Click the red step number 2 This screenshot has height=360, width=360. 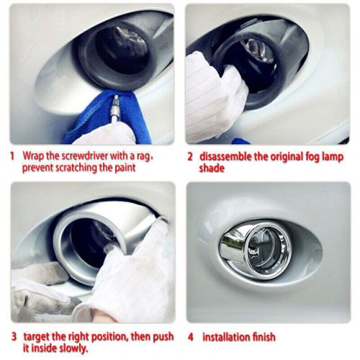tap(190, 156)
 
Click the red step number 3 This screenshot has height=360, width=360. tap(12, 336)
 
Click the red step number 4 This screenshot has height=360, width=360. tap(190, 336)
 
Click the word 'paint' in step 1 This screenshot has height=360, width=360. tap(125, 167)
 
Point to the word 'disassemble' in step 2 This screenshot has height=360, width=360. tap(228, 156)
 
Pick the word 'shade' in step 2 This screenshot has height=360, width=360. tap(214, 168)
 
